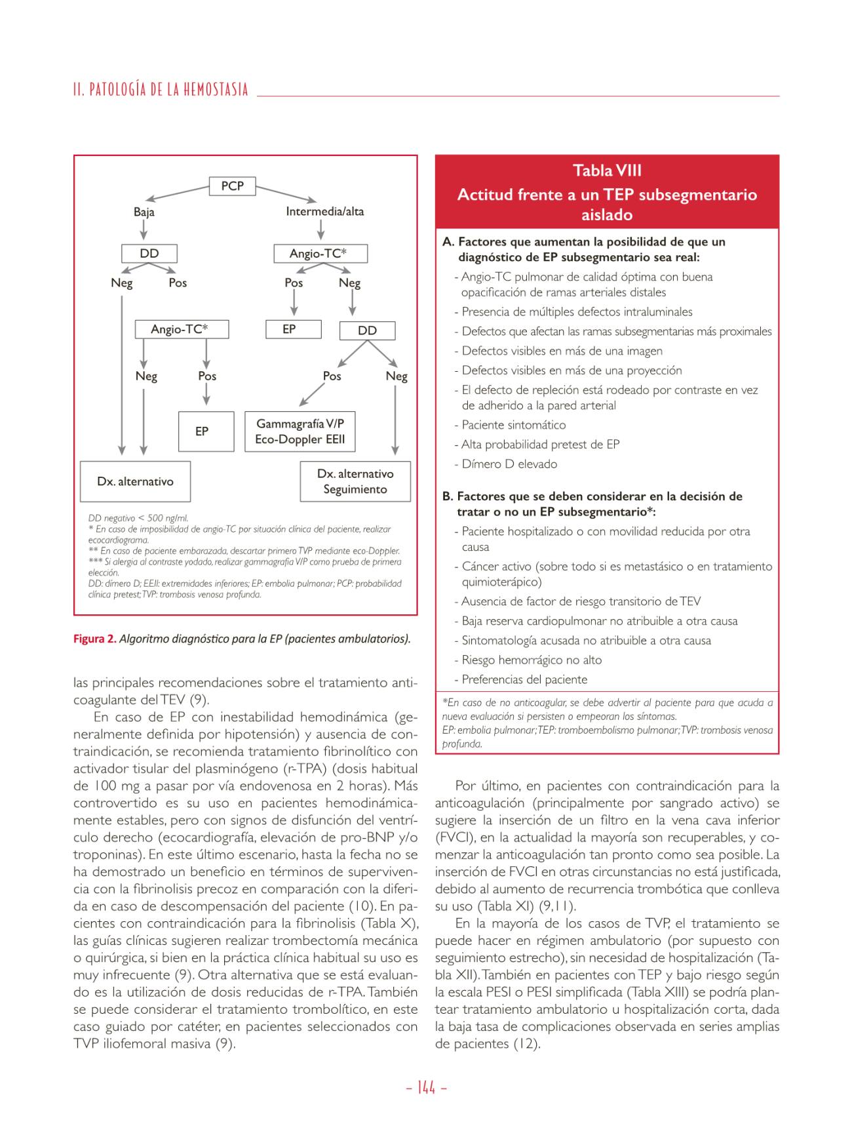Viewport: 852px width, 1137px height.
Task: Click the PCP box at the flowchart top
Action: click(x=232, y=186)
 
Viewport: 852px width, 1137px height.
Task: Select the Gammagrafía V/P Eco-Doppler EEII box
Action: click(x=300, y=431)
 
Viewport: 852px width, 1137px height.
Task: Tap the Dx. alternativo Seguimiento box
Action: click(x=355, y=481)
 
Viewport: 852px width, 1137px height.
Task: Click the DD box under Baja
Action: click(x=149, y=254)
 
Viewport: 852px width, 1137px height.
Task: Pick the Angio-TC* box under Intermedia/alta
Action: click(x=320, y=254)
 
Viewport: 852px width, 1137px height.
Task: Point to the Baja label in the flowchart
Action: click(x=144, y=212)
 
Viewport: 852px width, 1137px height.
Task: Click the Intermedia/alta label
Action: click(x=324, y=212)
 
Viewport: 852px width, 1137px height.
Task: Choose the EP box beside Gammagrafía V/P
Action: click(x=206, y=431)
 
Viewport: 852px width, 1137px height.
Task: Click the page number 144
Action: click(x=426, y=1088)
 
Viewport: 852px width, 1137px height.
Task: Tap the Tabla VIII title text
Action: click(x=607, y=171)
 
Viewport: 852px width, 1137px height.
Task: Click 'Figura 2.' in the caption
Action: click(x=94, y=639)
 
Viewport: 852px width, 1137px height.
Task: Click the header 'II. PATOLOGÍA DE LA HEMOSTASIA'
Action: click(x=161, y=90)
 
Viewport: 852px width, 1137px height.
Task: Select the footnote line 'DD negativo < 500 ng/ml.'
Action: click(x=138, y=518)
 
